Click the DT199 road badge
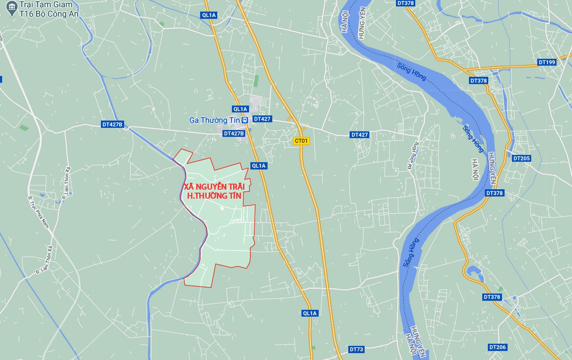(x=547, y=62)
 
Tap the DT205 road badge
(x=521, y=158)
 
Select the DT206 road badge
(x=497, y=347)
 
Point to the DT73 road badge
(x=356, y=349)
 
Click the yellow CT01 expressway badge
(x=301, y=141)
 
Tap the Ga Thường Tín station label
(x=214, y=120)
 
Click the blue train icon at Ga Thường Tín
(x=244, y=120)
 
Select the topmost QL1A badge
(x=209, y=15)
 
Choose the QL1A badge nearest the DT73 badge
(x=309, y=313)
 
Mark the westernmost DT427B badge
(x=112, y=124)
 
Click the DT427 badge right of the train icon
(x=262, y=119)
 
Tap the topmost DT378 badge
(x=405, y=3)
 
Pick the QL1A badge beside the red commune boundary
(x=259, y=166)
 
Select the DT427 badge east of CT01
(x=359, y=135)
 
